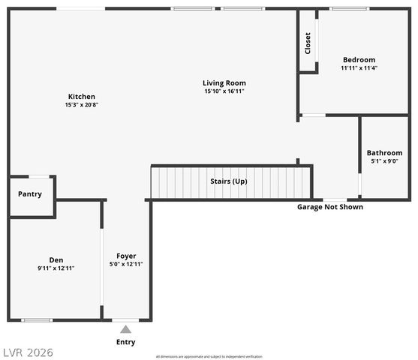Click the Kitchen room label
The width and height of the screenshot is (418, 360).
point(81,96)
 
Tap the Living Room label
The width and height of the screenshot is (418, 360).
point(224,82)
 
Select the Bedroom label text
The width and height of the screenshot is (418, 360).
point(359,59)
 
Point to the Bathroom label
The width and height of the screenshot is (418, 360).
point(384,153)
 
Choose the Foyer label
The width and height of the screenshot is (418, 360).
point(125,256)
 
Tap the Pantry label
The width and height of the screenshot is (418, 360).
point(30,194)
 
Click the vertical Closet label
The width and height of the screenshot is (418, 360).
point(308,43)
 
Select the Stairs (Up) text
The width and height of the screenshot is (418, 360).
point(228,181)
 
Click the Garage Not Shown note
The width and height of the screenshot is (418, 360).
point(330,207)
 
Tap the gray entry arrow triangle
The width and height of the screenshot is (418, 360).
point(125,328)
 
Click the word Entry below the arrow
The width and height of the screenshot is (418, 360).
point(125,343)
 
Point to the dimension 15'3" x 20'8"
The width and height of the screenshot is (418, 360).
point(81,105)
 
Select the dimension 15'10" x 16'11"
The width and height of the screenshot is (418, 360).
point(224,91)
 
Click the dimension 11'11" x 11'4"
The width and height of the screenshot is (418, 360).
point(359,67)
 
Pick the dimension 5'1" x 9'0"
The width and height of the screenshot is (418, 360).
point(384,161)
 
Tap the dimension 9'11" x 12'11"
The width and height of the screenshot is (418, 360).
point(56,268)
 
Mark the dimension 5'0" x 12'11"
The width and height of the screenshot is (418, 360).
point(125,264)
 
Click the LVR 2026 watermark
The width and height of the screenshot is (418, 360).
point(28,352)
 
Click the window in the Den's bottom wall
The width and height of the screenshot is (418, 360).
point(36,320)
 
